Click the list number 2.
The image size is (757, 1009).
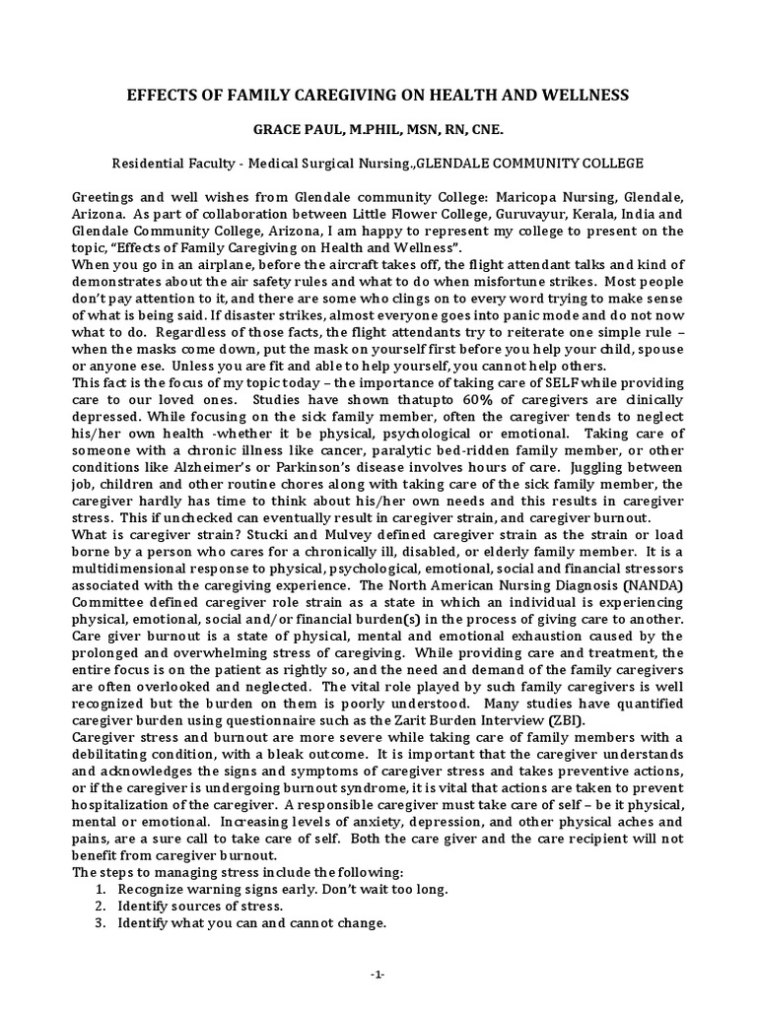pos(101,906)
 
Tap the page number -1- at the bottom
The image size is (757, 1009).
pos(378,975)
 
